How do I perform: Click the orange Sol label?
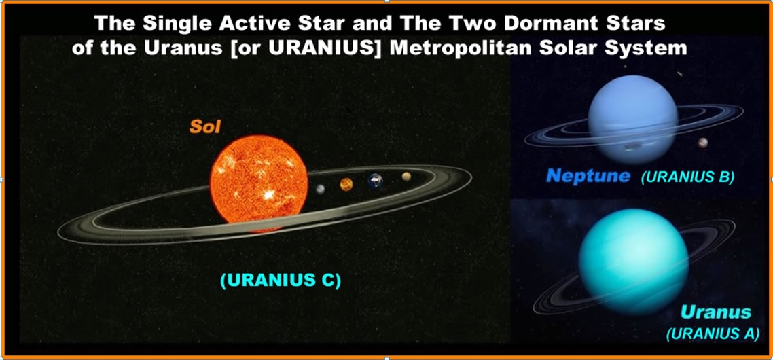tap(205, 127)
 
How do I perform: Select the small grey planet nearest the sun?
tap(321, 189)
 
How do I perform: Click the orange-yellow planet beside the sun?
tap(346, 184)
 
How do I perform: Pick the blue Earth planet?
tap(376, 181)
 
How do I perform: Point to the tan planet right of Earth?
tap(406, 177)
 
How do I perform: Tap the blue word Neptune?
tap(588, 175)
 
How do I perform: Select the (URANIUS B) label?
tap(687, 177)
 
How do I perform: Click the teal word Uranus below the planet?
tap(716, 312)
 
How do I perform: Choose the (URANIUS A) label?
tap(713, 334)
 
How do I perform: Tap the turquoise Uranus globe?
tap(634, 262)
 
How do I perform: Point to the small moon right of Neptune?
tap(702, 143)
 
